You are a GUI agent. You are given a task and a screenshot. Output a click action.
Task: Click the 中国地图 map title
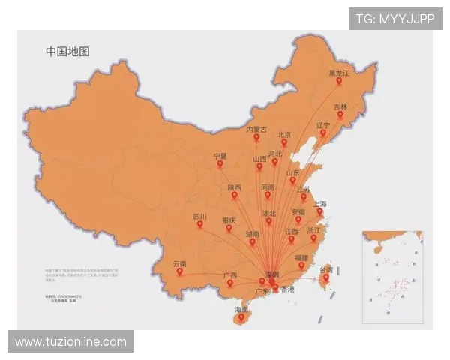tap(67, 52)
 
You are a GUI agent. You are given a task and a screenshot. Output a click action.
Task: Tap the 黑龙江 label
tap(339, 73)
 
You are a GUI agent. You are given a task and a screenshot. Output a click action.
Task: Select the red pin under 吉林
tap(340, 115)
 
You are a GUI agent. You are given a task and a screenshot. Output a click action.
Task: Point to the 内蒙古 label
tap(256, 130)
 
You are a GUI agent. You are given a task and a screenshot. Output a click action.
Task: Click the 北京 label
tap(284, 135)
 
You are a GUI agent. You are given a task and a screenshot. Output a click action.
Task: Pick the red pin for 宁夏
tap(220, 166)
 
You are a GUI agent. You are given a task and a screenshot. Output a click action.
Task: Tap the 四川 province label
tap(199, 217)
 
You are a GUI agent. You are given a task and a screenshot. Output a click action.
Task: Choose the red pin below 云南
tap(180, 271)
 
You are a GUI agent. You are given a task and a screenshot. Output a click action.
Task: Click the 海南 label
tap(241, 309)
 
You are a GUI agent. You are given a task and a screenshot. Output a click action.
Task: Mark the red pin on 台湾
tap(325, 279)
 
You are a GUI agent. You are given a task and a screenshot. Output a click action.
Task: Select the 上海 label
tap(320, 204)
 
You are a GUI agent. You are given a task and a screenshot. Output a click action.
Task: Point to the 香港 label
tap(287, 289)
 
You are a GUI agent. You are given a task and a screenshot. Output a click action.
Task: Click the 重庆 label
tap(229, 220)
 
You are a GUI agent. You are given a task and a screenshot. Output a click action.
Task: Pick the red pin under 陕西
tap(235, 196)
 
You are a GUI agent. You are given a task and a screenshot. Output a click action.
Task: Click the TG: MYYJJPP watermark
tap(395, 19)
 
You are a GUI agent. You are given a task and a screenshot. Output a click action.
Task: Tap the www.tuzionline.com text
tap(71, 341)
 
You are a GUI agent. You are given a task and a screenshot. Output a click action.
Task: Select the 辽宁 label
tap(323, 125)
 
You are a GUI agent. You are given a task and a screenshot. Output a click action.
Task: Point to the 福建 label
tap(301, 257)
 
